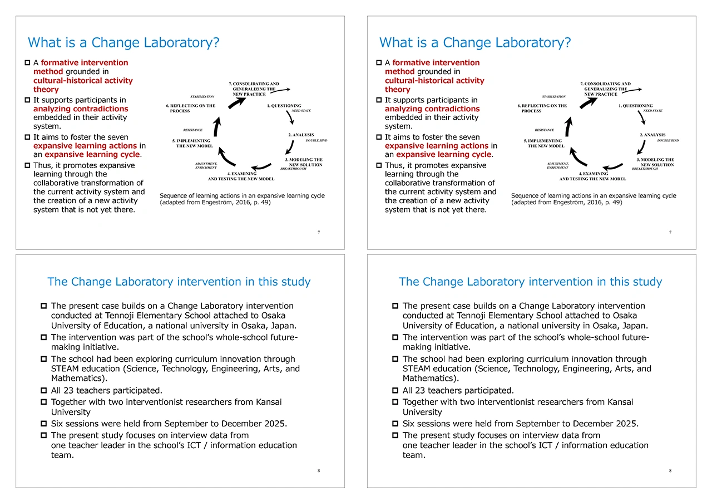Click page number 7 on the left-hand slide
pyautogui.click(x=318, y=232)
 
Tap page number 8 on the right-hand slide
pyautogui.click(x=670, y=471)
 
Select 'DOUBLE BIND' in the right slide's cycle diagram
pyautogui.click(x=667, y=141)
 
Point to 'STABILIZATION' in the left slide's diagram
pyautogui.click(x=202, y=97)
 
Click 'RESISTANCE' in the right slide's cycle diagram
pyautogui.click(x=544, y=130)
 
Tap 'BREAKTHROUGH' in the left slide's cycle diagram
pyautogui.click(x=293, y=169)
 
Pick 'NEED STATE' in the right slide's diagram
pyautogui.click(x=652, y=111)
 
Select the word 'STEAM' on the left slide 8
pyautogui.click(x=65, y=369)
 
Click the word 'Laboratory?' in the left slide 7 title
pyautogui.click(x=189, y=43)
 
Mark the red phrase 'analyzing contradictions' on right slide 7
pyautogui.click(x=432, y=109)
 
